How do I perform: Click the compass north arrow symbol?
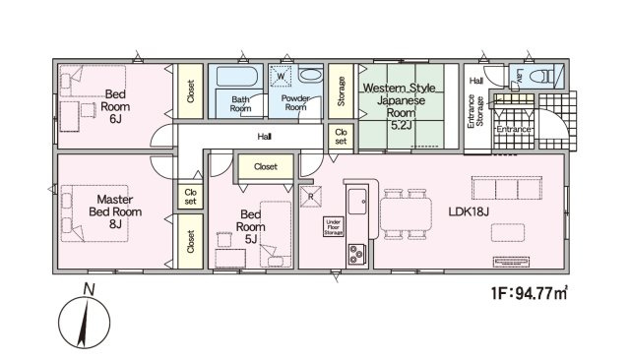pos(84,322)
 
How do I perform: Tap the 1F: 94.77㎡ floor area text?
pos(530,293)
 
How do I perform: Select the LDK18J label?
pos(469,211)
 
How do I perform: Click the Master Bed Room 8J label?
pos(115,211)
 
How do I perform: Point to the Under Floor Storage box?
pos(334,227)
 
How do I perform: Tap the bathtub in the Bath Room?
pos(237,77)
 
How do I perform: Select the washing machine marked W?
pos(281,76)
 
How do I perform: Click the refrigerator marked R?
pos(311,197)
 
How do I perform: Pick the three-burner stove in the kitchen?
pos(356,254)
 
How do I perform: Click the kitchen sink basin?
pos(357,202)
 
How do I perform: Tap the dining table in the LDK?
pos(406,214)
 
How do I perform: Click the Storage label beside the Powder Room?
pos(342,91)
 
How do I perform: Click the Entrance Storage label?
pos(475,111)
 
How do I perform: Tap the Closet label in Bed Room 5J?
pos(266,166)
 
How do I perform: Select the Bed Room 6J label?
pos(115,106)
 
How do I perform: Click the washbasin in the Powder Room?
pos(311,75)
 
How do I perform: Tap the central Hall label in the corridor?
pos(265,137)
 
